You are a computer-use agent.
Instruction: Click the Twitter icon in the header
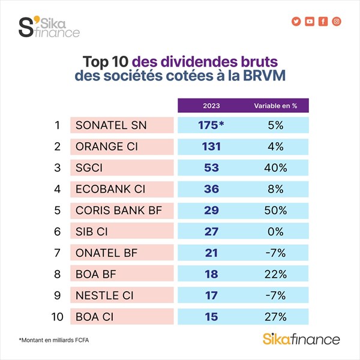pos(296,22)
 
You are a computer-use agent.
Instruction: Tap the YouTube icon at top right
pos(310,22)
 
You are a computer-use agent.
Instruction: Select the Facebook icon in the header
pos(323,22)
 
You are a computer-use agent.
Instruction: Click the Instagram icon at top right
pos(337,22)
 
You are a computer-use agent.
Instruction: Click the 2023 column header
pos(212,106)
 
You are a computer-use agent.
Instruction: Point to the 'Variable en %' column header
pos(275,106)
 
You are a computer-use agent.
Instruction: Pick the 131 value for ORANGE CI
pos(212,146)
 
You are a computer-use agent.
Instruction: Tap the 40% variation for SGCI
pos(275,167)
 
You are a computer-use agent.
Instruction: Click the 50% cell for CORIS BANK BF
pos(275,210)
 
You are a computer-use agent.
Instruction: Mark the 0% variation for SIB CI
pos(275,232)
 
